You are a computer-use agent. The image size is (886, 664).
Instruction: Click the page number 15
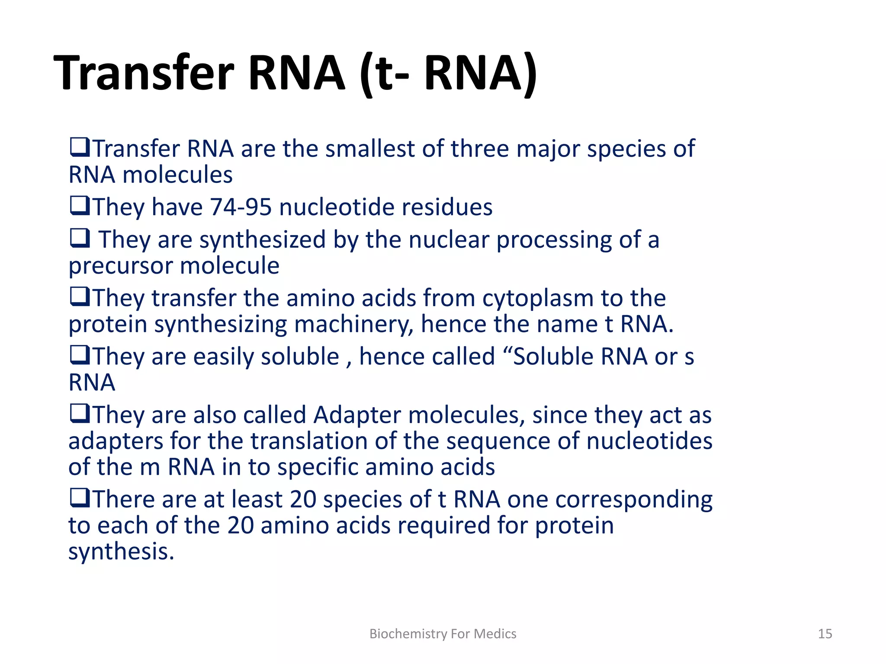(x=825, y=634)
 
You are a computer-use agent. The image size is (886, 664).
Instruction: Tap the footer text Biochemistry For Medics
(x=443, y=634)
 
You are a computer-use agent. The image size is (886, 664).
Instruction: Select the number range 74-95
(x=241, y=207)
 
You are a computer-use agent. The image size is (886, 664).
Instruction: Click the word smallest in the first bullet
(x=370, y=149)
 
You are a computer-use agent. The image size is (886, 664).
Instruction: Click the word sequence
(x=498, y=442)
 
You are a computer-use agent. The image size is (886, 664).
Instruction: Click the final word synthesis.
(x=121, y=552)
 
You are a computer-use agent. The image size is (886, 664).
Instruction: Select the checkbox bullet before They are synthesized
(x=80, y=238)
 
